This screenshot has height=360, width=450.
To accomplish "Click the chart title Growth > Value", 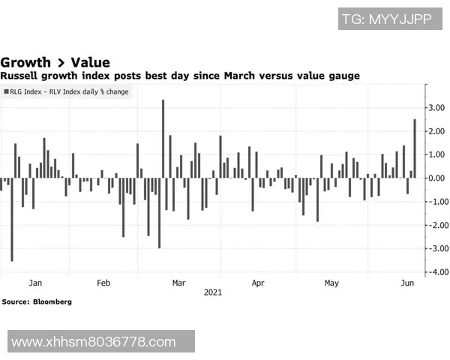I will (x=55, y=62).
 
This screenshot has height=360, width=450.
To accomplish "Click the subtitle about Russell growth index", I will (x=180, y=76).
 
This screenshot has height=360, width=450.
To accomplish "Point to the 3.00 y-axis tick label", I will (x=436, y=108).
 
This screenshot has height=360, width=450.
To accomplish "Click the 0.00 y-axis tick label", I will (x=436, y=178).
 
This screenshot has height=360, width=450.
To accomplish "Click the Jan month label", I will (x=35, y=283).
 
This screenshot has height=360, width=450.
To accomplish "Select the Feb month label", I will (x=103, y=283).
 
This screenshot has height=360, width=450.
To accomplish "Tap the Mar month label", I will (x=178, y=283).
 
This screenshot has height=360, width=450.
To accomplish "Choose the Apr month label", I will (x=258, y=283).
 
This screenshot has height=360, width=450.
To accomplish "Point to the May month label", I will (x=331, y=283).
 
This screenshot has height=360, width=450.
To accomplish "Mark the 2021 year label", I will (x=213, y=293).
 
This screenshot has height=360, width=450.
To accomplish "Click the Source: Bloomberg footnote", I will (x=37, y=301).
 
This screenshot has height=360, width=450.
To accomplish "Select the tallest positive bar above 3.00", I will (x=163, y=139).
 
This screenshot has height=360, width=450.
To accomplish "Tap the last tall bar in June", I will (x=415, y=148).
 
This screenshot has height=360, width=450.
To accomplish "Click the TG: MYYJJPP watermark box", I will (x=386, y=19).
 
